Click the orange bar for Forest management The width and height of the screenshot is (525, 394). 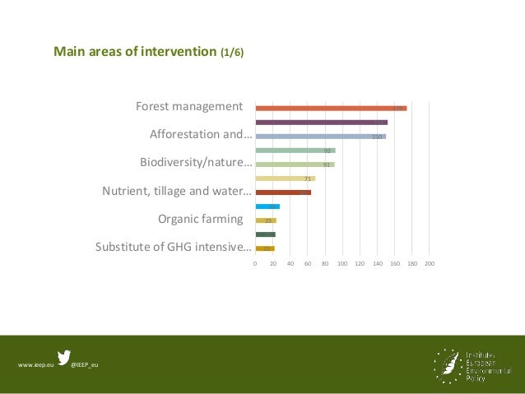click(331, 108)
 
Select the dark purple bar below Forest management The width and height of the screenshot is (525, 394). click(321, 122)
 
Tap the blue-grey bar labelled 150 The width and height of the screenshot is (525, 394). click(320, 137)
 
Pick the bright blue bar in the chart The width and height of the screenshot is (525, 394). click(267, 206)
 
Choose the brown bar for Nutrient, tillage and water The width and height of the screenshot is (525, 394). click(283, 192)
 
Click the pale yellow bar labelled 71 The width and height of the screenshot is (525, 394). click(285, 178)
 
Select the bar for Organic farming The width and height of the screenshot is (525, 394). click(266, 220)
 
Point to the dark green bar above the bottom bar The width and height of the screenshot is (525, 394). click(265, 234)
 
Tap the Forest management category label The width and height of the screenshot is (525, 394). click(189, 107)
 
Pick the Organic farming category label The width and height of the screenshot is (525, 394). click(200, 219)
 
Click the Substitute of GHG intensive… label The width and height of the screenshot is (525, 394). click(173, 247)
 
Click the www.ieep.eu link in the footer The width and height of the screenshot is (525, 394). click(35, 364)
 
